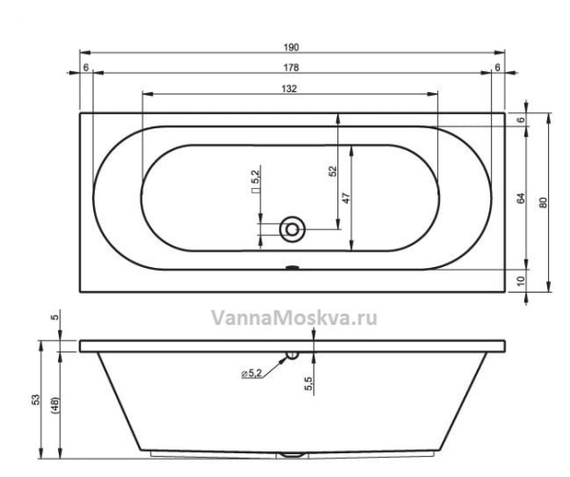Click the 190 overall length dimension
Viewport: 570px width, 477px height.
tap(292, 48)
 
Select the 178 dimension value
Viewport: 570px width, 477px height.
tap(292, 67)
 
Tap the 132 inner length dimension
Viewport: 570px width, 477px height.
tap(290, 88)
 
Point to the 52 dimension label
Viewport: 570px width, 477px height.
tap(333, 171)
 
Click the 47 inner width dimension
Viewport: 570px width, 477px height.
tap(347, 199)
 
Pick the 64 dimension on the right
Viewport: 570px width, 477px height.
tap(522, 199)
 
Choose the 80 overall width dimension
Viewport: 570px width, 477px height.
tap(543, 202)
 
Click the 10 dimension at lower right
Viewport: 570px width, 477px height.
tap(522, 280)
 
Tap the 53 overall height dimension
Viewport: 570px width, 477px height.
tap(36, 400)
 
